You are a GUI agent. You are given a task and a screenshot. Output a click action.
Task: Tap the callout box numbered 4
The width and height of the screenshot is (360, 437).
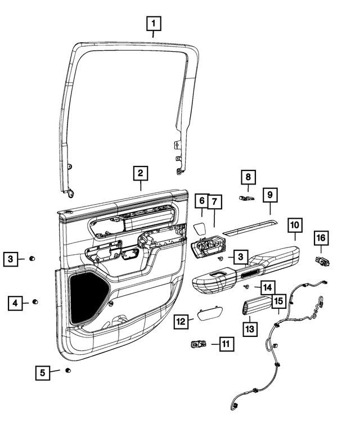16,303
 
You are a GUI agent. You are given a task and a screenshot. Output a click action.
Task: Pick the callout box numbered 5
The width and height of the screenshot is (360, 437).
43,372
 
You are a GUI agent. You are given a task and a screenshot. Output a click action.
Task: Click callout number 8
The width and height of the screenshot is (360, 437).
247,178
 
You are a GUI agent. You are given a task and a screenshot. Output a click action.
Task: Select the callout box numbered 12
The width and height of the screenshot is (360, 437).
180,322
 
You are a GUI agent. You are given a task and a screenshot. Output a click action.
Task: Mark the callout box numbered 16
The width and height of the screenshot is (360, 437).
320,238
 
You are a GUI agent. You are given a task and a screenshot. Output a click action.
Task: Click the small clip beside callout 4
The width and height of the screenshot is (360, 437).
35,302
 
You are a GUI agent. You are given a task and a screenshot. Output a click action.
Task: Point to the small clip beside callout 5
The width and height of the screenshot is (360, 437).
68,371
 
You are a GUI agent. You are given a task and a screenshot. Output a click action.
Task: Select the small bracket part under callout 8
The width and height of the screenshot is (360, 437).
245,198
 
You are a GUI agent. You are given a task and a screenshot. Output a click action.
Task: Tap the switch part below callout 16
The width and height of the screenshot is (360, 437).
322,260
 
